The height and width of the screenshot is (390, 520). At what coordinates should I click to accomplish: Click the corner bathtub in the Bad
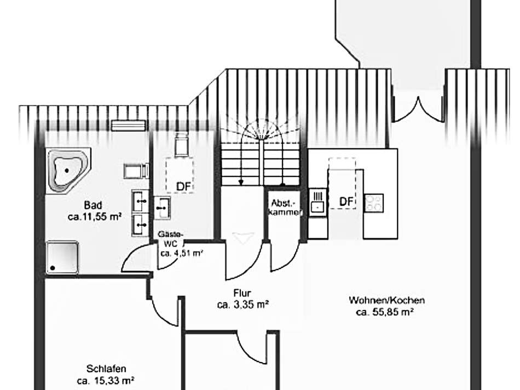pyautogui.click(x=67, y=170)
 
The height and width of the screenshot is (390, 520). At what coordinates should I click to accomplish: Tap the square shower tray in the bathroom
pyautogui.click(x=62, y=257)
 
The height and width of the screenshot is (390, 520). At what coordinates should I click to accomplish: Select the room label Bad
pyautogui.click(x=93, y=205)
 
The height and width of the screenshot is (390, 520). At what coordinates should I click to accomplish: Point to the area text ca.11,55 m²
pyautogui.click(x=94, y=217)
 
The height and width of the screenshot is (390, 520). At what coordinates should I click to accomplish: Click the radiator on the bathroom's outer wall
pyautogui.click(x=128, y=125)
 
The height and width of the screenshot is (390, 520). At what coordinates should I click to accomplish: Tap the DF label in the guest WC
pyautogui.click(x=183, y=187)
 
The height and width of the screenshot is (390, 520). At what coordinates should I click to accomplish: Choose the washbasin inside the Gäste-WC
pyautogui.click(x=162, y=207)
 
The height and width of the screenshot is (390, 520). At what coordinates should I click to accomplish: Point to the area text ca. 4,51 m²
pyautogui.click(x=182, y=253)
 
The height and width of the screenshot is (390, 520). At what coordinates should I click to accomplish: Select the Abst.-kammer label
pyautogui.click(x=285, y=207)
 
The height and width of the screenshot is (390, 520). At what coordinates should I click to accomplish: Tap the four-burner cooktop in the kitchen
pyautogui.click(x=374, y=203)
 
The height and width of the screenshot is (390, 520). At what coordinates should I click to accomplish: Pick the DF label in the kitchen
pyautogui.click(x=346, y=202)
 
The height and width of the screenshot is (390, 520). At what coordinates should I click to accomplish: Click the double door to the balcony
pyautogui.click(x=418, y=108)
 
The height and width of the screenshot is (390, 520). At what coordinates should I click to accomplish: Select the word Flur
pyautogui.click(x=241, y=294)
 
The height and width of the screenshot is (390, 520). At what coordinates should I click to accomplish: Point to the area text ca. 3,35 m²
pyautogui.click(x=242, y=305)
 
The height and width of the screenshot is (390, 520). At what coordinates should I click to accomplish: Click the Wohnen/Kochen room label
pyautogui.click(x=386, y=300)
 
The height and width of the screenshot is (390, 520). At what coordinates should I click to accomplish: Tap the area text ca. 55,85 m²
pyautogui.click(x=384, y=312)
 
